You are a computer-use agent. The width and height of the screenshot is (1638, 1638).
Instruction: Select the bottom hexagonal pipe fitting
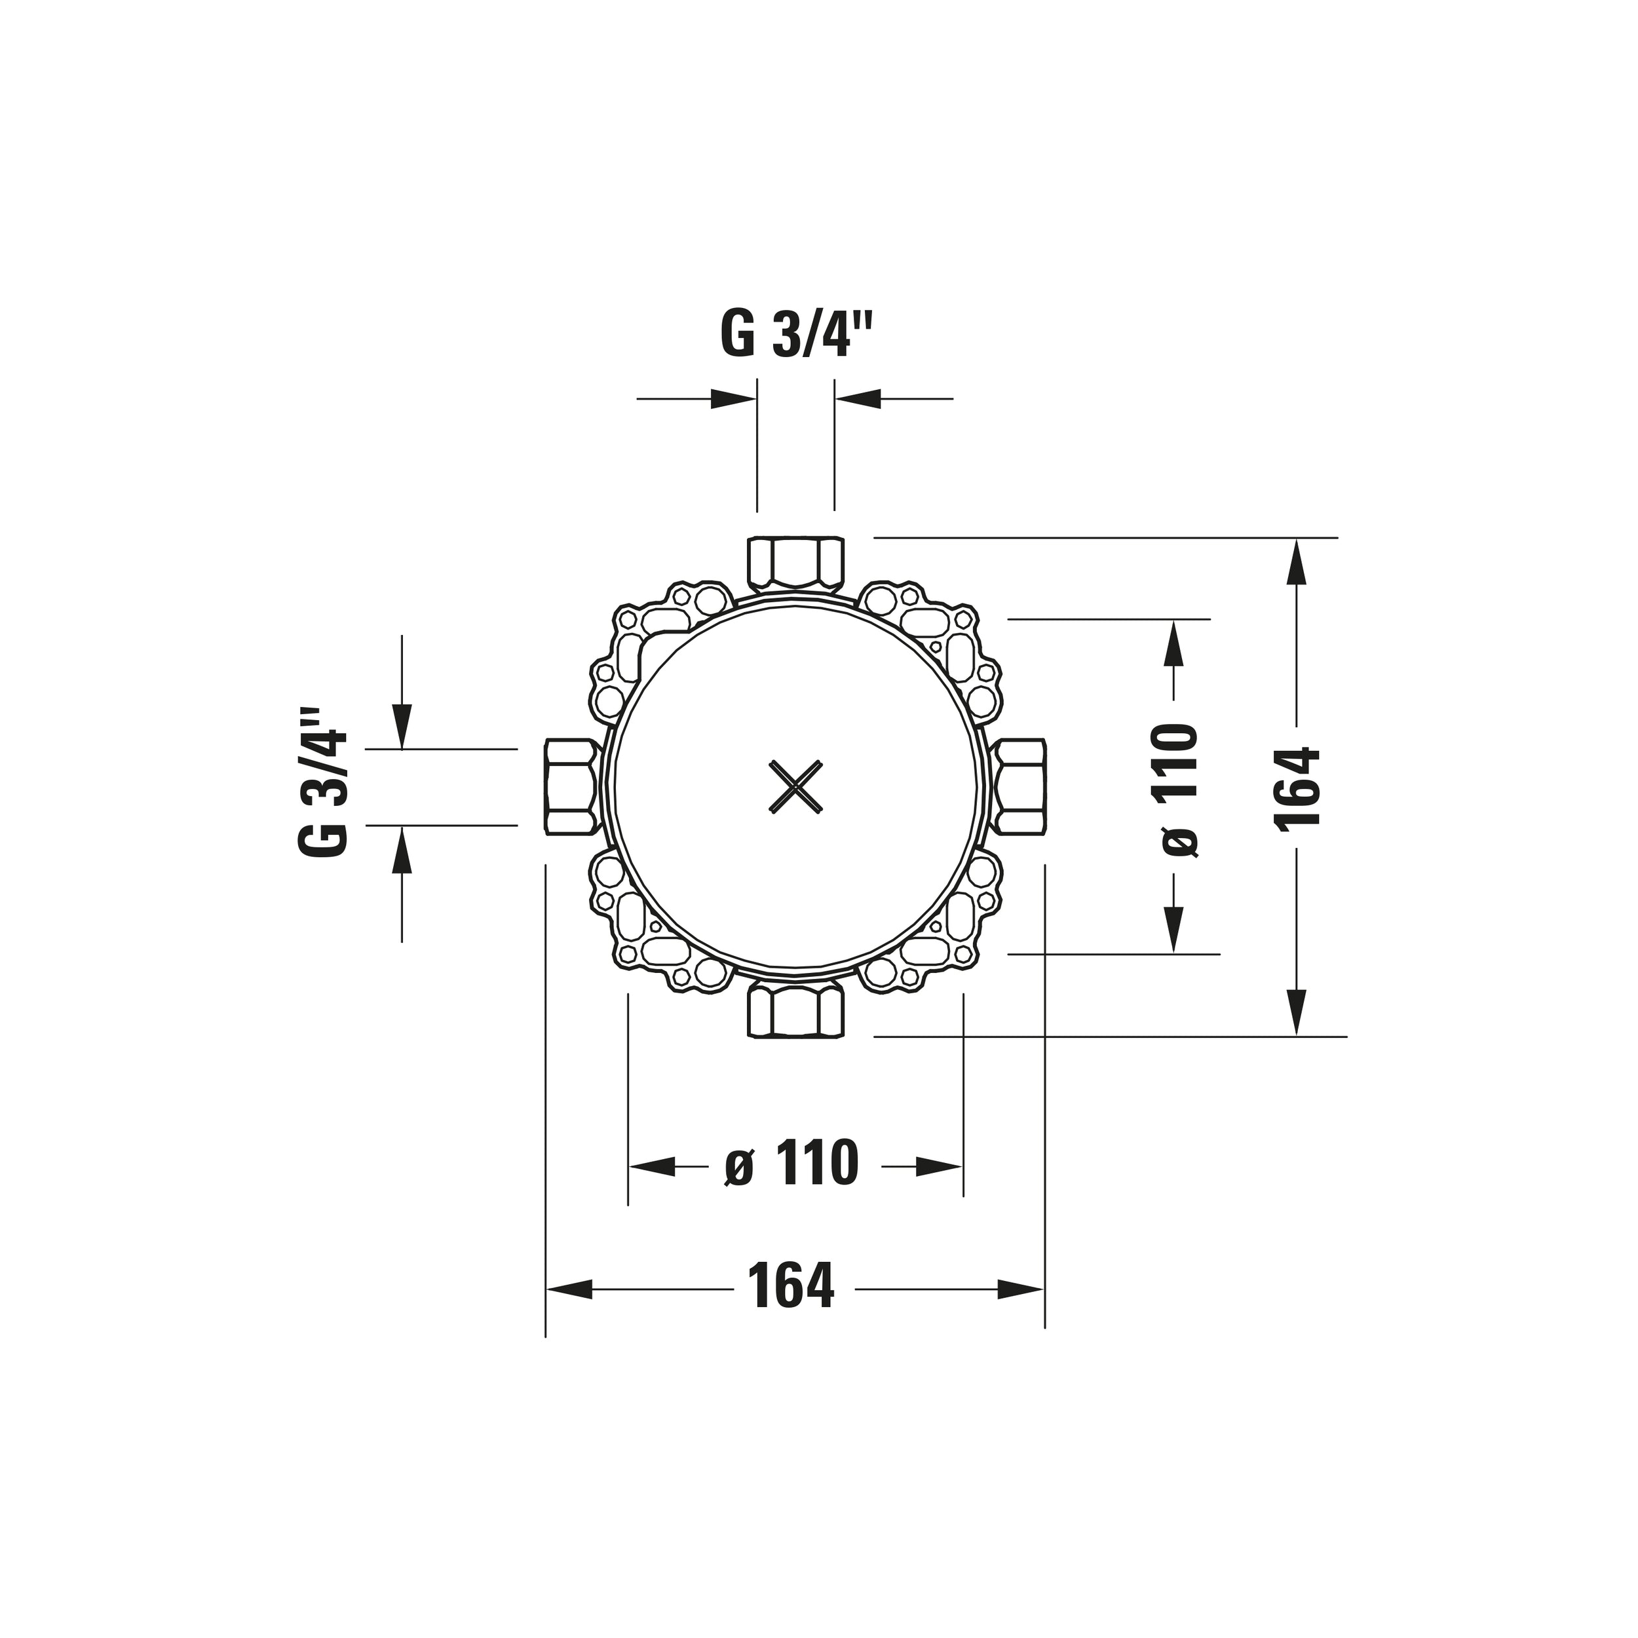pos(796,1012)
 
